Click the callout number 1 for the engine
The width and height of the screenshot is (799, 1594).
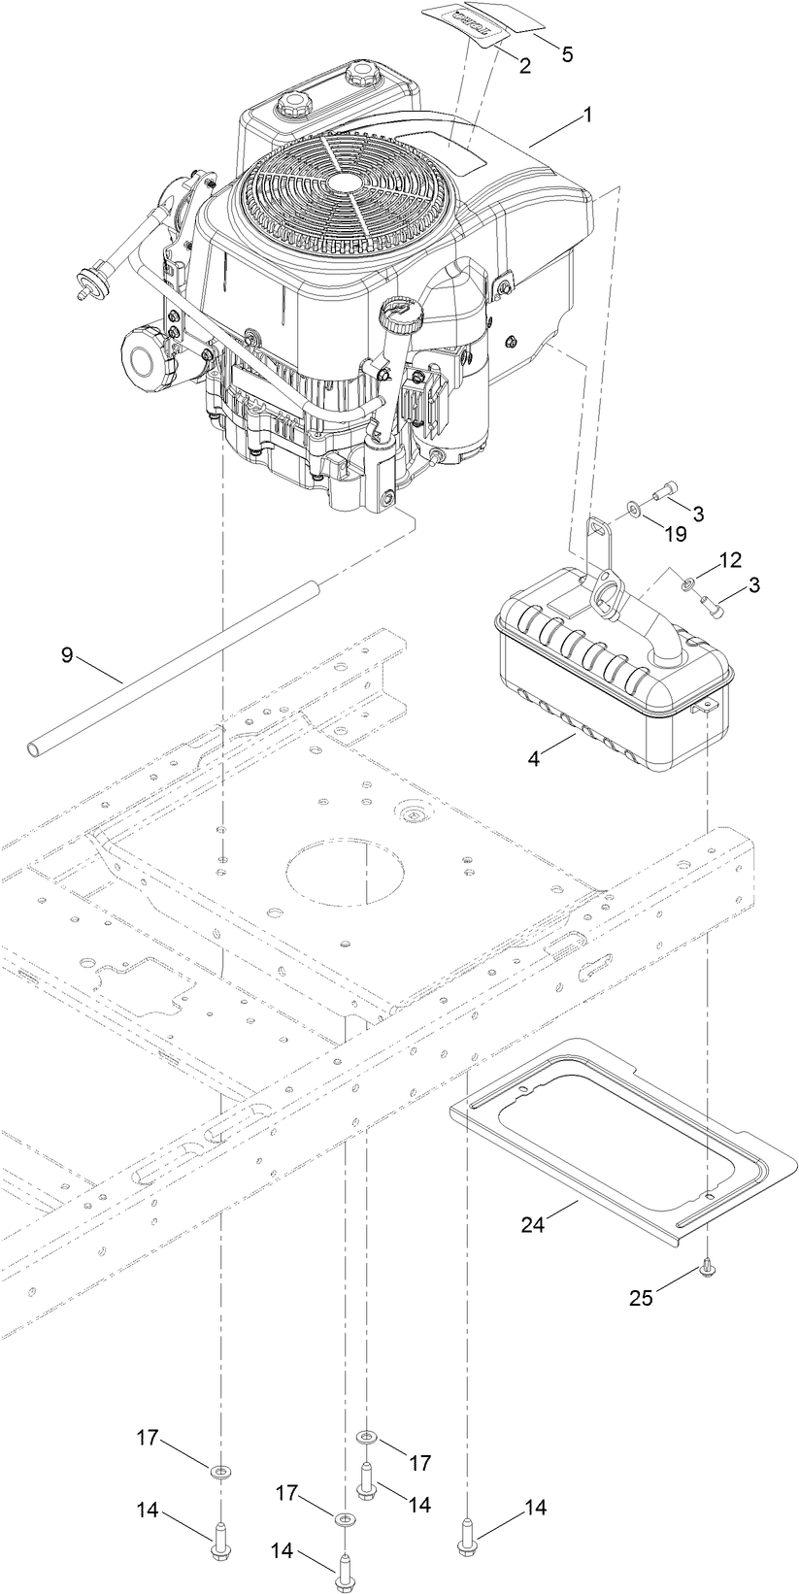coord(587,115)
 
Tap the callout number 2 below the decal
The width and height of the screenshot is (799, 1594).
coord(524,66)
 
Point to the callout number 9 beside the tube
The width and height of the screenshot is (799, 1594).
coord(66,655)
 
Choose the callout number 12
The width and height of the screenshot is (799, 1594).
coord(730,560)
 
